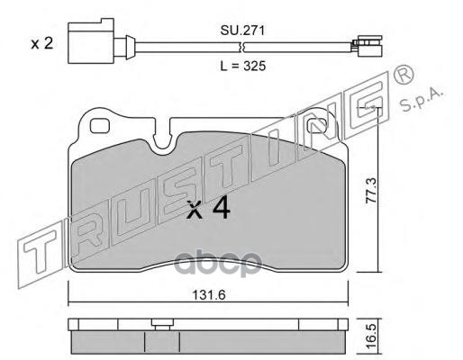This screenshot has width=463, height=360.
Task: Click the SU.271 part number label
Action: click(242, 31)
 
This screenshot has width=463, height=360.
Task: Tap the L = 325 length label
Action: click(243, 66)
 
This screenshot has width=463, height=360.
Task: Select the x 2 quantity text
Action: click(42, 44)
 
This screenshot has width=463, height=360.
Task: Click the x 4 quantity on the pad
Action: click(208, 208)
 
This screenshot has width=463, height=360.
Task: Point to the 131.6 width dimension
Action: click(209, 295)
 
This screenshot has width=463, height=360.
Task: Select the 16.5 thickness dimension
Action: click(371, 336)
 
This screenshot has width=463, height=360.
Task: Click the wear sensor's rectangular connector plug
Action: click(91, 41)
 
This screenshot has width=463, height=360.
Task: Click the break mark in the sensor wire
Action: click(242, 48)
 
